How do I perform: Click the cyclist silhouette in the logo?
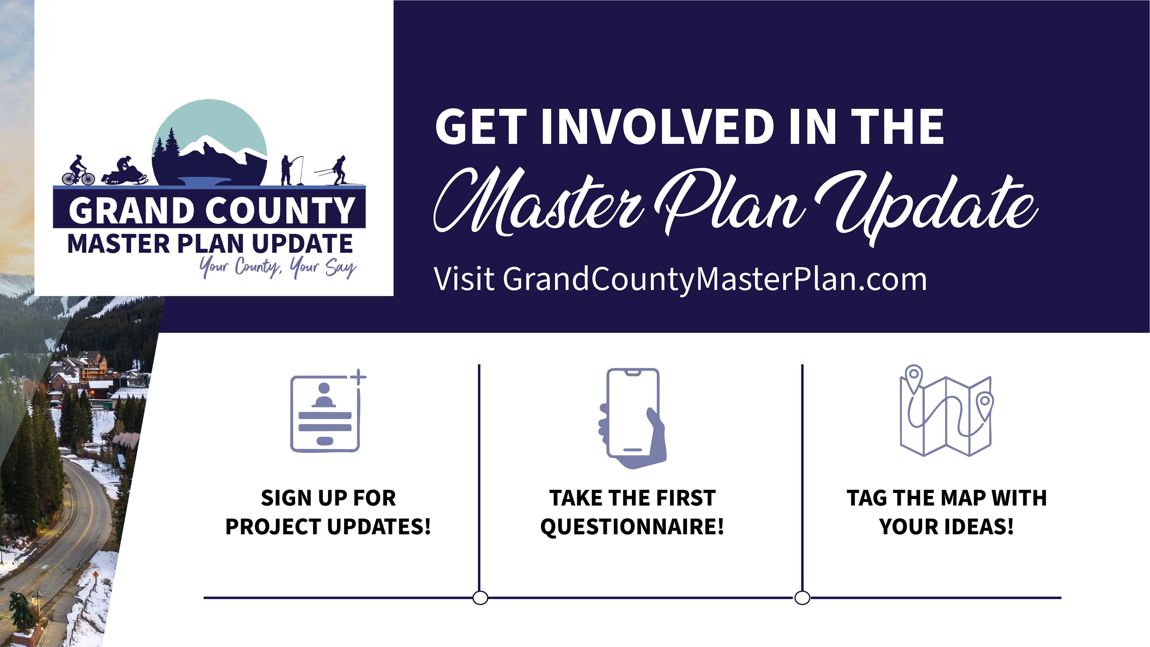pyautogui.click(x=78, y=170)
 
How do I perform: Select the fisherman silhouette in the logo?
pyautogui.click(x=291, y=170)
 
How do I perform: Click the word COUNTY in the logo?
pyautogui.click(x=280, y=210)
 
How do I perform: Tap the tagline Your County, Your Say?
pyautogui.click(x=278, y=267)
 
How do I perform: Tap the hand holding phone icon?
pyautogui.click(x=632, y=418)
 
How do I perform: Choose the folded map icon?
pyautogui.click(x=946, y=411)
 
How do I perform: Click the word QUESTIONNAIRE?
pyautogui.click(x=632, y=527)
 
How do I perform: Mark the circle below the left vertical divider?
pyautogui.click(x=480, y=597)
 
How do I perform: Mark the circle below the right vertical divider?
pyautogui.click(x=802, y=597)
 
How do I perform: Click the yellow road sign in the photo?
pyautogui.click(x=95, y=574)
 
